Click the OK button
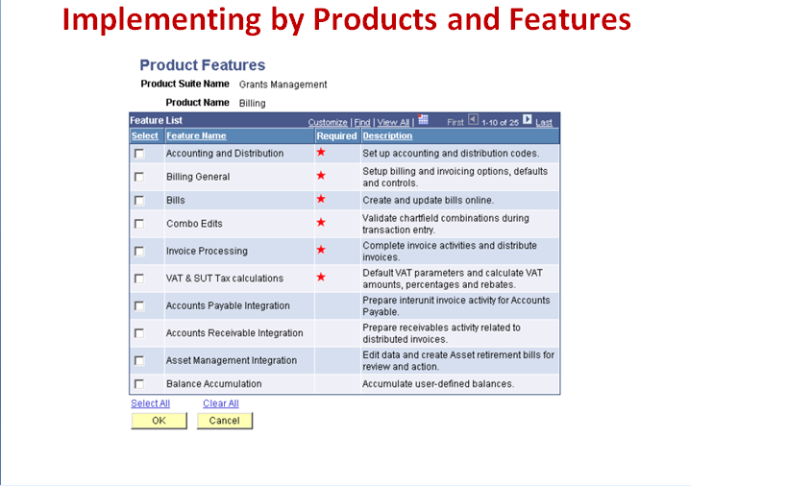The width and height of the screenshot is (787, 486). [x=159, y=421]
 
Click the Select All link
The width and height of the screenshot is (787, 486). [x=150, y=403]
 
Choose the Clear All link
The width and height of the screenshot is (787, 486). [x=221, y=403]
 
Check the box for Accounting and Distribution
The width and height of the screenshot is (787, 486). [x=139, y=154]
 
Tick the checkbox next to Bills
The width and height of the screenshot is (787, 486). [x=139, y=201]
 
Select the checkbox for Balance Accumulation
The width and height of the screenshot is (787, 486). [x=139, y=384]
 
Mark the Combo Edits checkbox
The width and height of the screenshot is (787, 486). [x=139, y=224]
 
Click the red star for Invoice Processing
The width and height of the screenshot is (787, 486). [x=321, y=250]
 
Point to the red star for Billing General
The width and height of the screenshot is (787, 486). [x=321, y=176]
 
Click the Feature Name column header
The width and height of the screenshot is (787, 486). [x=196, y=136]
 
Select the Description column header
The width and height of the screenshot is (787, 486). [x=387, y=136]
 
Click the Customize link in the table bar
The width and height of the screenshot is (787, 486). [x=328, y=123]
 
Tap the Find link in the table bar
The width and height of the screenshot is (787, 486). [x=362, y=123]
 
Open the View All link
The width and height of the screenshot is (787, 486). [x=393, y=123]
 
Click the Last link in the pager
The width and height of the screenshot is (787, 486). [x=544, y=123]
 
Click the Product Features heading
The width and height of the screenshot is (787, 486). [x=202, y=65]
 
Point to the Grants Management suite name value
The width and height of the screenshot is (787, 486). [x=283, y=85]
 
